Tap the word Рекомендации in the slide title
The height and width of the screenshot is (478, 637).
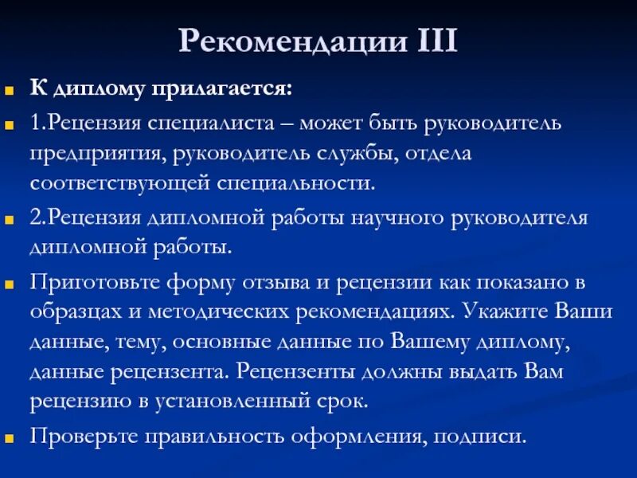(x=291, y=41)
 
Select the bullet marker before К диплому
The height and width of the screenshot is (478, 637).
(x=10, y=89)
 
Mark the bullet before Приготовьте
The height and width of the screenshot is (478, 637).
(x=10, y=282)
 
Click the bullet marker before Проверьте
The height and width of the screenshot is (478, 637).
(x=10, y=437)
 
